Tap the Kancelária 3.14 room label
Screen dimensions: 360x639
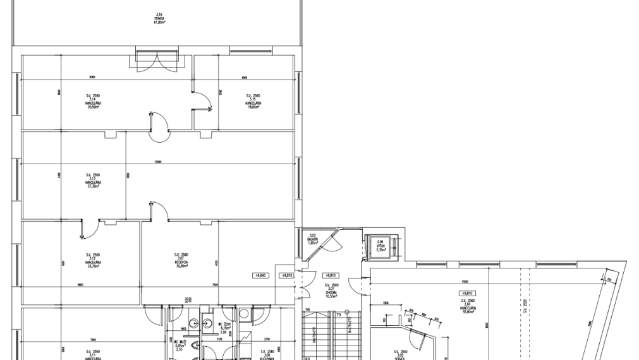(94, 102)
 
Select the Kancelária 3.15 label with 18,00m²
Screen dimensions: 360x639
(253, 102)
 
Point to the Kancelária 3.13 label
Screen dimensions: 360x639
(94, 181)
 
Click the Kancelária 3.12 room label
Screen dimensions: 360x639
(94, 261)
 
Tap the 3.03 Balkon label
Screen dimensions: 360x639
(312, 239)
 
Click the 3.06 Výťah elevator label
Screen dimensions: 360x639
(380, 246)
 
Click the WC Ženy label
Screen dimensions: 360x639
(224, 327)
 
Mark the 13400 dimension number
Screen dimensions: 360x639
(157, 162)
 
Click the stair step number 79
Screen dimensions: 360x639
(338, 315)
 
